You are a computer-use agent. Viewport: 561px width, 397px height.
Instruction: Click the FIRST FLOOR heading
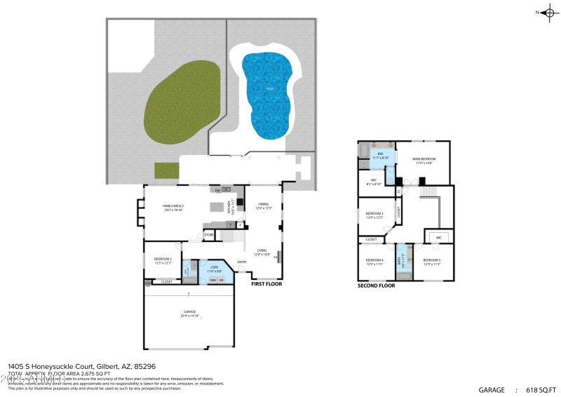click(x=267, y=285)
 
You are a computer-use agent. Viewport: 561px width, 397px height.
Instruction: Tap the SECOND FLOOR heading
click(x=376, y=285)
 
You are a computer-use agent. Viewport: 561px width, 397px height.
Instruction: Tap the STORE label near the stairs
click(x=209, y=234)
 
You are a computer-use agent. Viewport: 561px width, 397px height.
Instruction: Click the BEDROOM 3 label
click(x=374, y=215)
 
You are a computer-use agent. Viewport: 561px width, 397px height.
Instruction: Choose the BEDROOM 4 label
click(x=374, y=262)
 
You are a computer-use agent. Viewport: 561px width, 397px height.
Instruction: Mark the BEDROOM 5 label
click(x=433, y=262)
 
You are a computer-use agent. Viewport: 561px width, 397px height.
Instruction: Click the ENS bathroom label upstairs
click(x=380, y=154)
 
